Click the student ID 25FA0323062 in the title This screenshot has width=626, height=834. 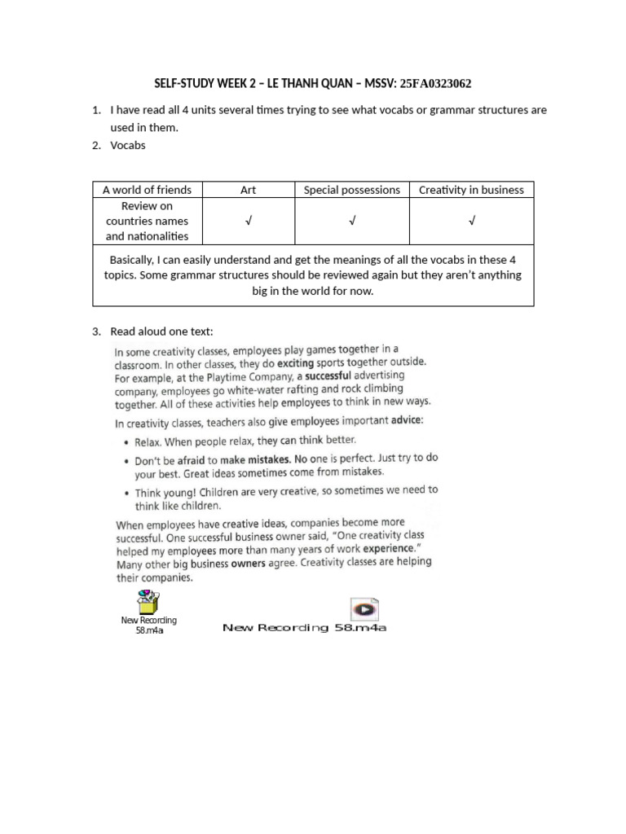[434, 83]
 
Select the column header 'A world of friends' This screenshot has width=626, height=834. [147, 190]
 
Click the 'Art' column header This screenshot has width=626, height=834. [248, 190]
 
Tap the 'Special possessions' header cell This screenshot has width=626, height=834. [351, 190]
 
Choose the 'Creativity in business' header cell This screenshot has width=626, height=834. [471, 190]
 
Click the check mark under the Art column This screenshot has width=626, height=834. [248, 222]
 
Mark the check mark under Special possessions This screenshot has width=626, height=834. [351, 222]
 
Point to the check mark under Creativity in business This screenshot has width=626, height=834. [471, 222]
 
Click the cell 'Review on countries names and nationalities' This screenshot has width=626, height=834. [147, 222]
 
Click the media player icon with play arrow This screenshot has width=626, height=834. [364, 609]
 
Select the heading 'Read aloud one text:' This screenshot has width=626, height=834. [162, 331]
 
